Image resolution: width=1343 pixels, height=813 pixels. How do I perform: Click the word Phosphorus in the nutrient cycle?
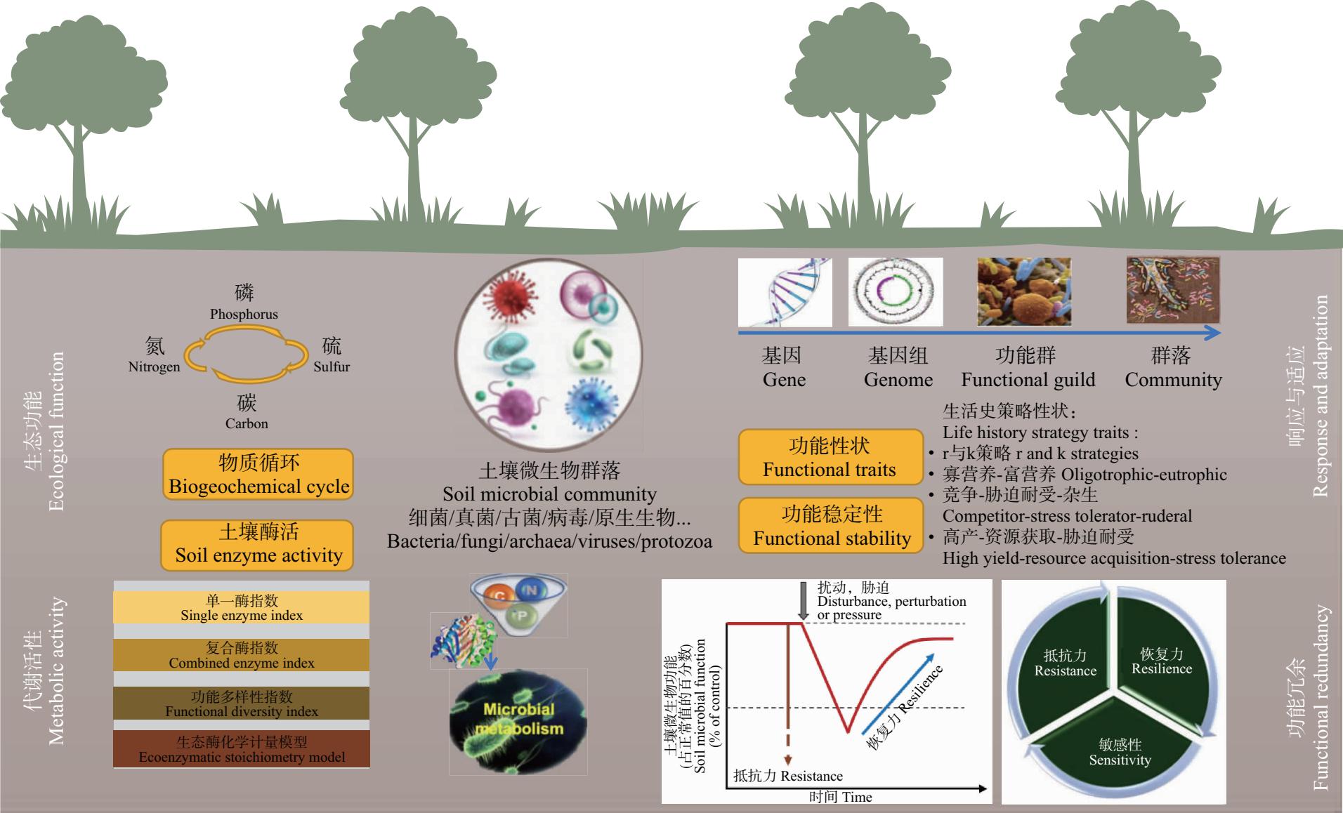pos(244,314)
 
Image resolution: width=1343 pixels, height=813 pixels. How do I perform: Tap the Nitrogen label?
pos(154,366)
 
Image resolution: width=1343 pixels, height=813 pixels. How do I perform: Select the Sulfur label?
pos(332,366)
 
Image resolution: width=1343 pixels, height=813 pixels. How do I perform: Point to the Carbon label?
pos(247,423)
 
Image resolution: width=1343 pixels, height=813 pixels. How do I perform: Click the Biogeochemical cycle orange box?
pos(258,475)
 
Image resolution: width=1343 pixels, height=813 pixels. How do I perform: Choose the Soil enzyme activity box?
pos(257,545)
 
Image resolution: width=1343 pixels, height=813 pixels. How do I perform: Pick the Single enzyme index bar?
pos(242,608)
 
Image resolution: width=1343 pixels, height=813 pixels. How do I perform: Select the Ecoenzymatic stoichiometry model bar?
pos(242,748)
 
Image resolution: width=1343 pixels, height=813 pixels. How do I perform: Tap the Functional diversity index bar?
pos(242,703)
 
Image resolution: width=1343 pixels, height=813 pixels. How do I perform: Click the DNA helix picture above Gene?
pos(785,292)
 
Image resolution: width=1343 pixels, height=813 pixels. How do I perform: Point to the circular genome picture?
pos(896,292)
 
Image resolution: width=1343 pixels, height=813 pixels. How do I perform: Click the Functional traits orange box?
pos(830,457)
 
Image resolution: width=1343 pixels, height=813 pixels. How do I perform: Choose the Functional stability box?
pos(831,525)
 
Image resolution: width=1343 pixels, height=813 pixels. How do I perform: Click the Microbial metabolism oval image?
pos(518,722)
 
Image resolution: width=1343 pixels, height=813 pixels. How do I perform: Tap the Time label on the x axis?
pos(857,797)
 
